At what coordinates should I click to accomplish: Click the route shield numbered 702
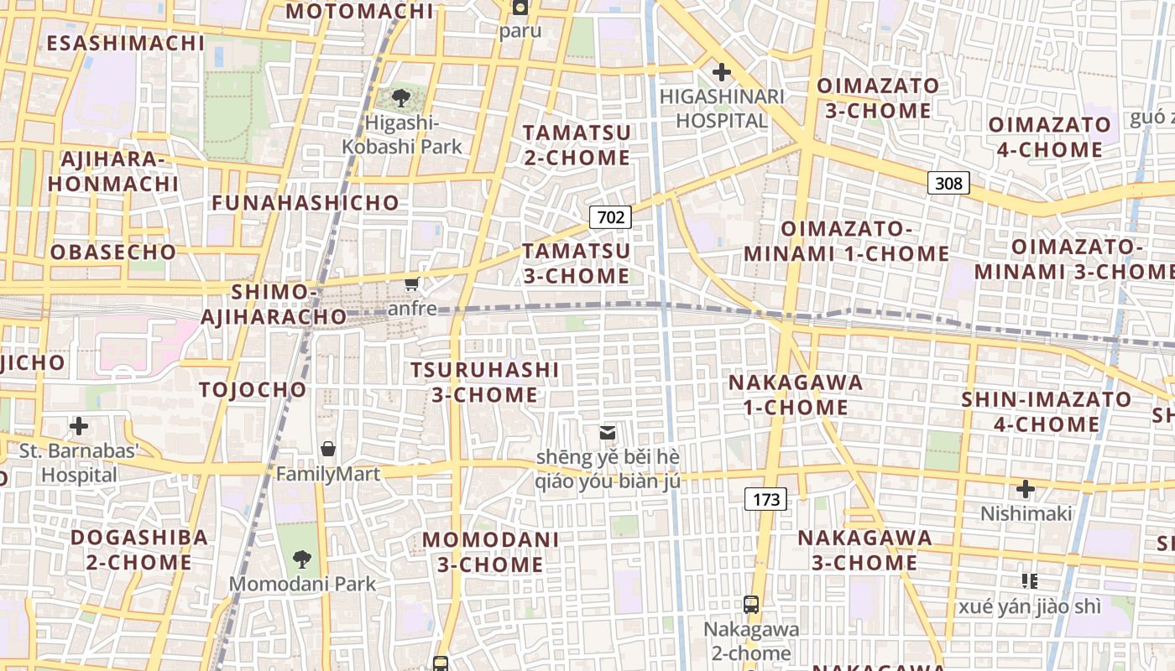(610, 217)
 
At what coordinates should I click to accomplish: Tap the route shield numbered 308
(948, 183)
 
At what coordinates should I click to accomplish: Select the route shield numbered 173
(766, 500)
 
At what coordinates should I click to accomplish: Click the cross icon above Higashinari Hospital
(721, 72)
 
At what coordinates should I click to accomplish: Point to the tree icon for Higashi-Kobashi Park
(401, 99)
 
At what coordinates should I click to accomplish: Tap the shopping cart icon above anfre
(411, 283)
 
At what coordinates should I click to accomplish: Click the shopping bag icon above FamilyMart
(328, 449)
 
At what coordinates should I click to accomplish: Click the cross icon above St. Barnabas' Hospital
(79, 426)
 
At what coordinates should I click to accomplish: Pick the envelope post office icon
(607, 433)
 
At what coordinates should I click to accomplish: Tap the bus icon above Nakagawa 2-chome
(751, 604)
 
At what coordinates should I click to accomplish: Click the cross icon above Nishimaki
(1026, 488)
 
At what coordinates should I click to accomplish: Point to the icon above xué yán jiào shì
(1030, 580)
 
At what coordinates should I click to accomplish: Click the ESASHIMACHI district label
(126, 43)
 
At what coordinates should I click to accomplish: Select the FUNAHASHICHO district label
(305, 203)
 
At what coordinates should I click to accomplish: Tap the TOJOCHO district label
(253, 389)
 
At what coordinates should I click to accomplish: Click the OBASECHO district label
(113, 252)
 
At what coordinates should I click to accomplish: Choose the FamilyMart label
(328, 474)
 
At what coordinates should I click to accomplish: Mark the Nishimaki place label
(1026, 513)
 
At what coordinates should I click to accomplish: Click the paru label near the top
(520, 31)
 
